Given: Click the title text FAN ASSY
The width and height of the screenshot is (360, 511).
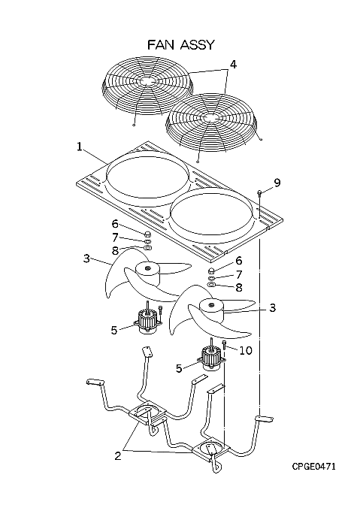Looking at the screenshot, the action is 181,44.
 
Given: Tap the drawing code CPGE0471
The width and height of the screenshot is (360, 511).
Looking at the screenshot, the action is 313,467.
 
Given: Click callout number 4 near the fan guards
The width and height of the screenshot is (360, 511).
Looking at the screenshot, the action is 233,65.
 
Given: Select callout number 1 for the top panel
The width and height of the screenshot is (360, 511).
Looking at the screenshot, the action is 79,147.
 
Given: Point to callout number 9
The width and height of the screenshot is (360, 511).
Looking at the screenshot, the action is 277,183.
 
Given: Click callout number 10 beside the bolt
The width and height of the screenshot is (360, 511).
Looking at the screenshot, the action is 246,351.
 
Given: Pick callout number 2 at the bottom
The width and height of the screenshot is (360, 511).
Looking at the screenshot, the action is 117,455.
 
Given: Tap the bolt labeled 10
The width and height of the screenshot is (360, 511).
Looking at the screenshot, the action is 225,344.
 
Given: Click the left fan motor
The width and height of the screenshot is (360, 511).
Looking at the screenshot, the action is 148,322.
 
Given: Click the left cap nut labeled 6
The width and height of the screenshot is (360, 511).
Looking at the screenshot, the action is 147,234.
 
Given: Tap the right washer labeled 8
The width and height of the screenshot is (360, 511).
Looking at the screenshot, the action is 212,286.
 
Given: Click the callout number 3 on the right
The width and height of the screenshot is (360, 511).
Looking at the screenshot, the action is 273,307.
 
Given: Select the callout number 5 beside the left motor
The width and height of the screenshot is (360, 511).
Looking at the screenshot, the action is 113,330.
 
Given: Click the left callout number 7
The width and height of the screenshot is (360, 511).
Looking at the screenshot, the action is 115,238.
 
